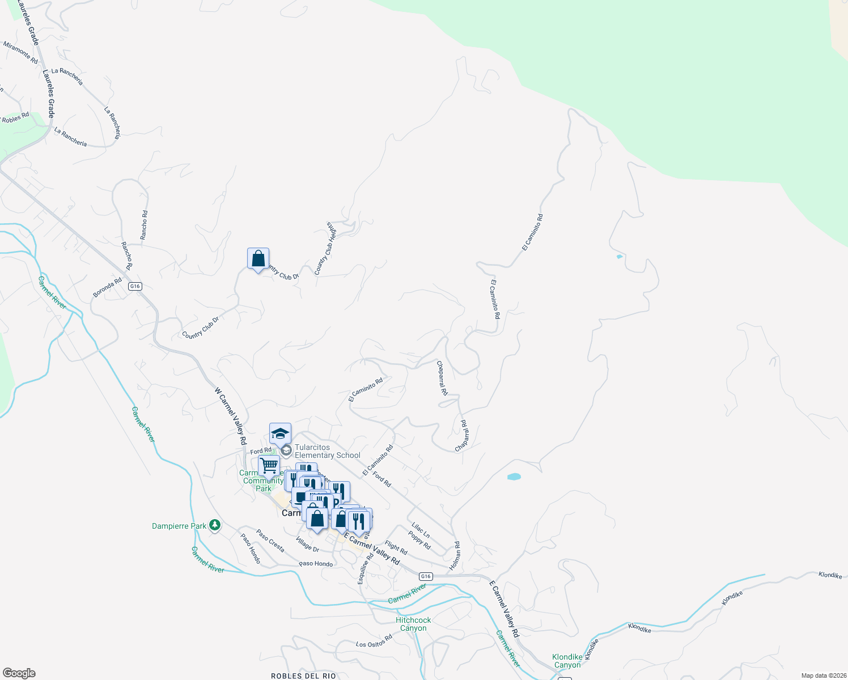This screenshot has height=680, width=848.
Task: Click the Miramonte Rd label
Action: click(20, 52)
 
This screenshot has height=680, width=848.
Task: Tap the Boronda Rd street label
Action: click(107, 287)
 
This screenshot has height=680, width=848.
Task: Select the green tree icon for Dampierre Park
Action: click(214, 526)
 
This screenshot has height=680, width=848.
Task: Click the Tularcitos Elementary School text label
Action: click(327, 451)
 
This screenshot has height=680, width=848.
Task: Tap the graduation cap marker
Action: click(280, 433)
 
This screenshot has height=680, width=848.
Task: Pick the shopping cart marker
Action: click(269, 466)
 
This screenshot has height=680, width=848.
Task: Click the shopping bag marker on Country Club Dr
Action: click(258, 258)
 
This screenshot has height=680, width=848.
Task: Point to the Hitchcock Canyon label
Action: click(413, 624)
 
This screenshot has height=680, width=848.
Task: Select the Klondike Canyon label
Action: click(567, 661)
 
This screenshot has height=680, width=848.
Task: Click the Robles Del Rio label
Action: click(303, 675)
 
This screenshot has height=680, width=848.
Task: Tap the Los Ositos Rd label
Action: click(374, 641)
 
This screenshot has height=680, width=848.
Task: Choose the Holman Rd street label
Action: click(455, 555)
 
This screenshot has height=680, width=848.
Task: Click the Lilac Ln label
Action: click(421, 530)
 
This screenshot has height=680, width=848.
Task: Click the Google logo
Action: click(19, 673)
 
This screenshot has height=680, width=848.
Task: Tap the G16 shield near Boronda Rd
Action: click(134, 286)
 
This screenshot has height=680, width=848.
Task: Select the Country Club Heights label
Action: click(325, 248)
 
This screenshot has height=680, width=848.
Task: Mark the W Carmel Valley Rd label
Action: click(231, 416)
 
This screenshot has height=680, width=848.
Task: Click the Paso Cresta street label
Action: click(270, 541)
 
